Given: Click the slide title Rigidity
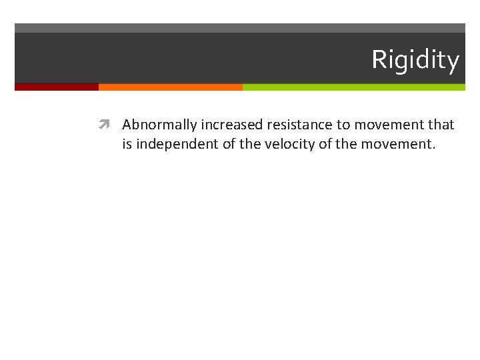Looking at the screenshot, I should [415, 60].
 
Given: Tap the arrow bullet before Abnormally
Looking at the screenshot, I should [104, 125].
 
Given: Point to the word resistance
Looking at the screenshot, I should [299, 125].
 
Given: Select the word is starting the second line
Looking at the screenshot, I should [127, 143].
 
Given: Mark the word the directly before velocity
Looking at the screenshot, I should [249, 143].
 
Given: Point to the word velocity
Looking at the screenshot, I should [287, 143].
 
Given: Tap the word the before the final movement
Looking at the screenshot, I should [346, 143].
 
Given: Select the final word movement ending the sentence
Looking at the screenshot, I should [397, 143].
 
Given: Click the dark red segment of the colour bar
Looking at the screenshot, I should [57, 87].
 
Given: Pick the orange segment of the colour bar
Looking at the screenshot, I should [170, 87].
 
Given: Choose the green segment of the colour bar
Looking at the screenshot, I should [353, 87].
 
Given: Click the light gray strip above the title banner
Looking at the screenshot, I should [240, 28].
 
